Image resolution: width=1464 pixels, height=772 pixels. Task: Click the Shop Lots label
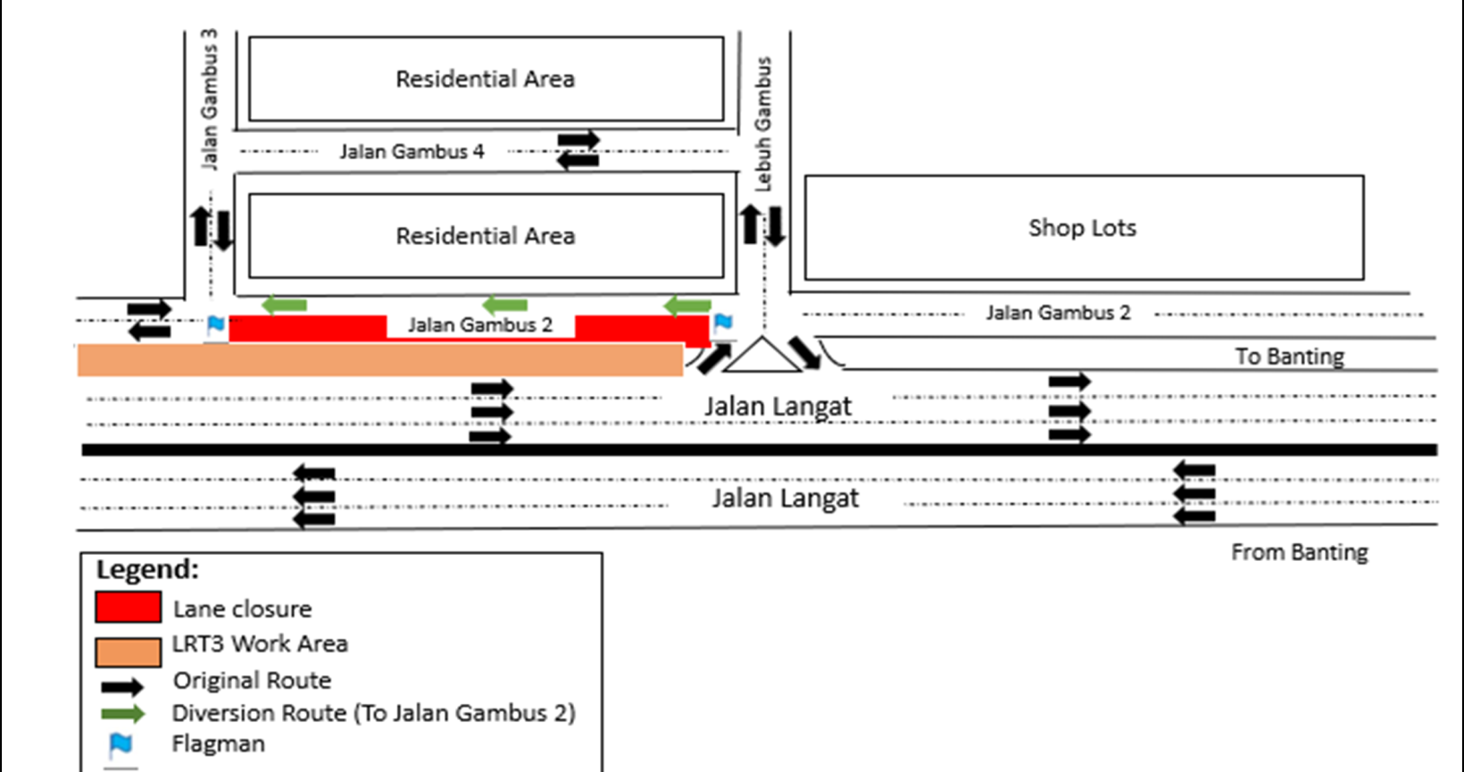(1082, 228)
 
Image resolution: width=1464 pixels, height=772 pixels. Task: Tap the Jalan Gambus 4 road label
(411, 152)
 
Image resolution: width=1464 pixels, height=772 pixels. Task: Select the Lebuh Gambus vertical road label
(763, 124)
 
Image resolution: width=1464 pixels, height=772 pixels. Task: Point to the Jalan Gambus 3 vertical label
(208, 99)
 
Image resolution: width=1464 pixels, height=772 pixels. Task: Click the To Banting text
(1290, 356)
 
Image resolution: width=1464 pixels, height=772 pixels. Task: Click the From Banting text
(1299, 552)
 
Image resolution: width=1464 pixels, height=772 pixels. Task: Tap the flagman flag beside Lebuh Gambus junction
(722, 323)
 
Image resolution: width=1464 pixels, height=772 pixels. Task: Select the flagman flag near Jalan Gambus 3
(216, 324)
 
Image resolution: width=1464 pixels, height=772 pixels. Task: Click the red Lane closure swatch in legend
(128, 607)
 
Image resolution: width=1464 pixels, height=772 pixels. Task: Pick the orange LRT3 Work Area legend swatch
(128, 651)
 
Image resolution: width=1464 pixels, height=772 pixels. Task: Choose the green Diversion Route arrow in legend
(122, 715)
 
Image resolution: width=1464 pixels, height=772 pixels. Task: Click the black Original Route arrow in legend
(122, 688)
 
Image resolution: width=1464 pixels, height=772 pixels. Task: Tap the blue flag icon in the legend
(120, 744)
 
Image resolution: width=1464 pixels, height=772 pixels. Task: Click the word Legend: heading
(147, 570)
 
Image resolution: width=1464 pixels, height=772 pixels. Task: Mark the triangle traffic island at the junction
(762, 357)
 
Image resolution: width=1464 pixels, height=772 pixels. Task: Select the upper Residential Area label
(485, 79)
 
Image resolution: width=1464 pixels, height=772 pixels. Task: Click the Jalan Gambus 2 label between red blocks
(480, 325)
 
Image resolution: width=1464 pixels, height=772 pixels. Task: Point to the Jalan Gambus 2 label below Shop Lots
(1058, 313)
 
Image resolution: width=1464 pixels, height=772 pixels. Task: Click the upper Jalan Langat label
(777, 407)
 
